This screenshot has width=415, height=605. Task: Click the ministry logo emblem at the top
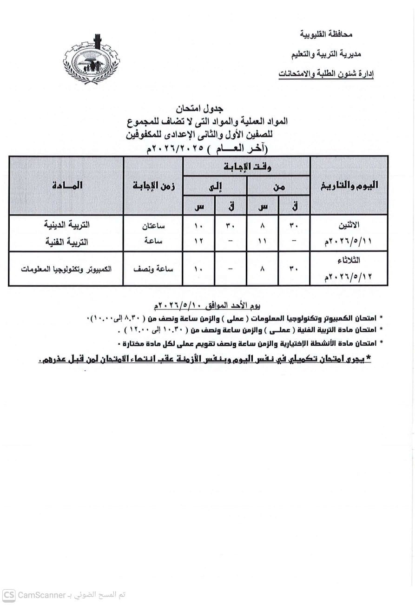[91, 60]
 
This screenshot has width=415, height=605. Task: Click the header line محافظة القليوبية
[326, 34]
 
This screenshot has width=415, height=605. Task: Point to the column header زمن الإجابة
[153, 185]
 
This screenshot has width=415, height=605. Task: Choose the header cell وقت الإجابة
[247, 166]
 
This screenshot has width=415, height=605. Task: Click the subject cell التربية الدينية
[68, 224]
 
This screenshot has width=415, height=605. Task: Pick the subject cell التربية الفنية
[68, 242]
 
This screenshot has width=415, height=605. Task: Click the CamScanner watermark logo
[9, 595]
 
